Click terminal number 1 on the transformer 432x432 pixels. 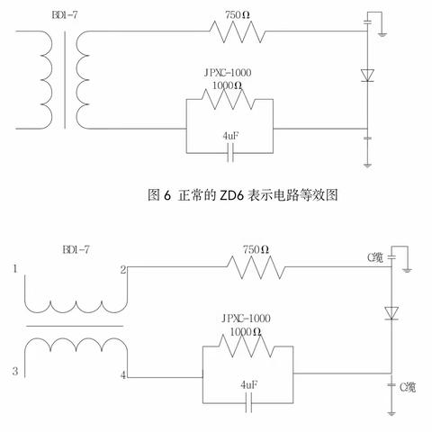point(15,269)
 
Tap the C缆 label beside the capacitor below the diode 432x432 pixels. point(405,386)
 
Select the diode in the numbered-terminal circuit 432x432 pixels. point(391,313)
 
